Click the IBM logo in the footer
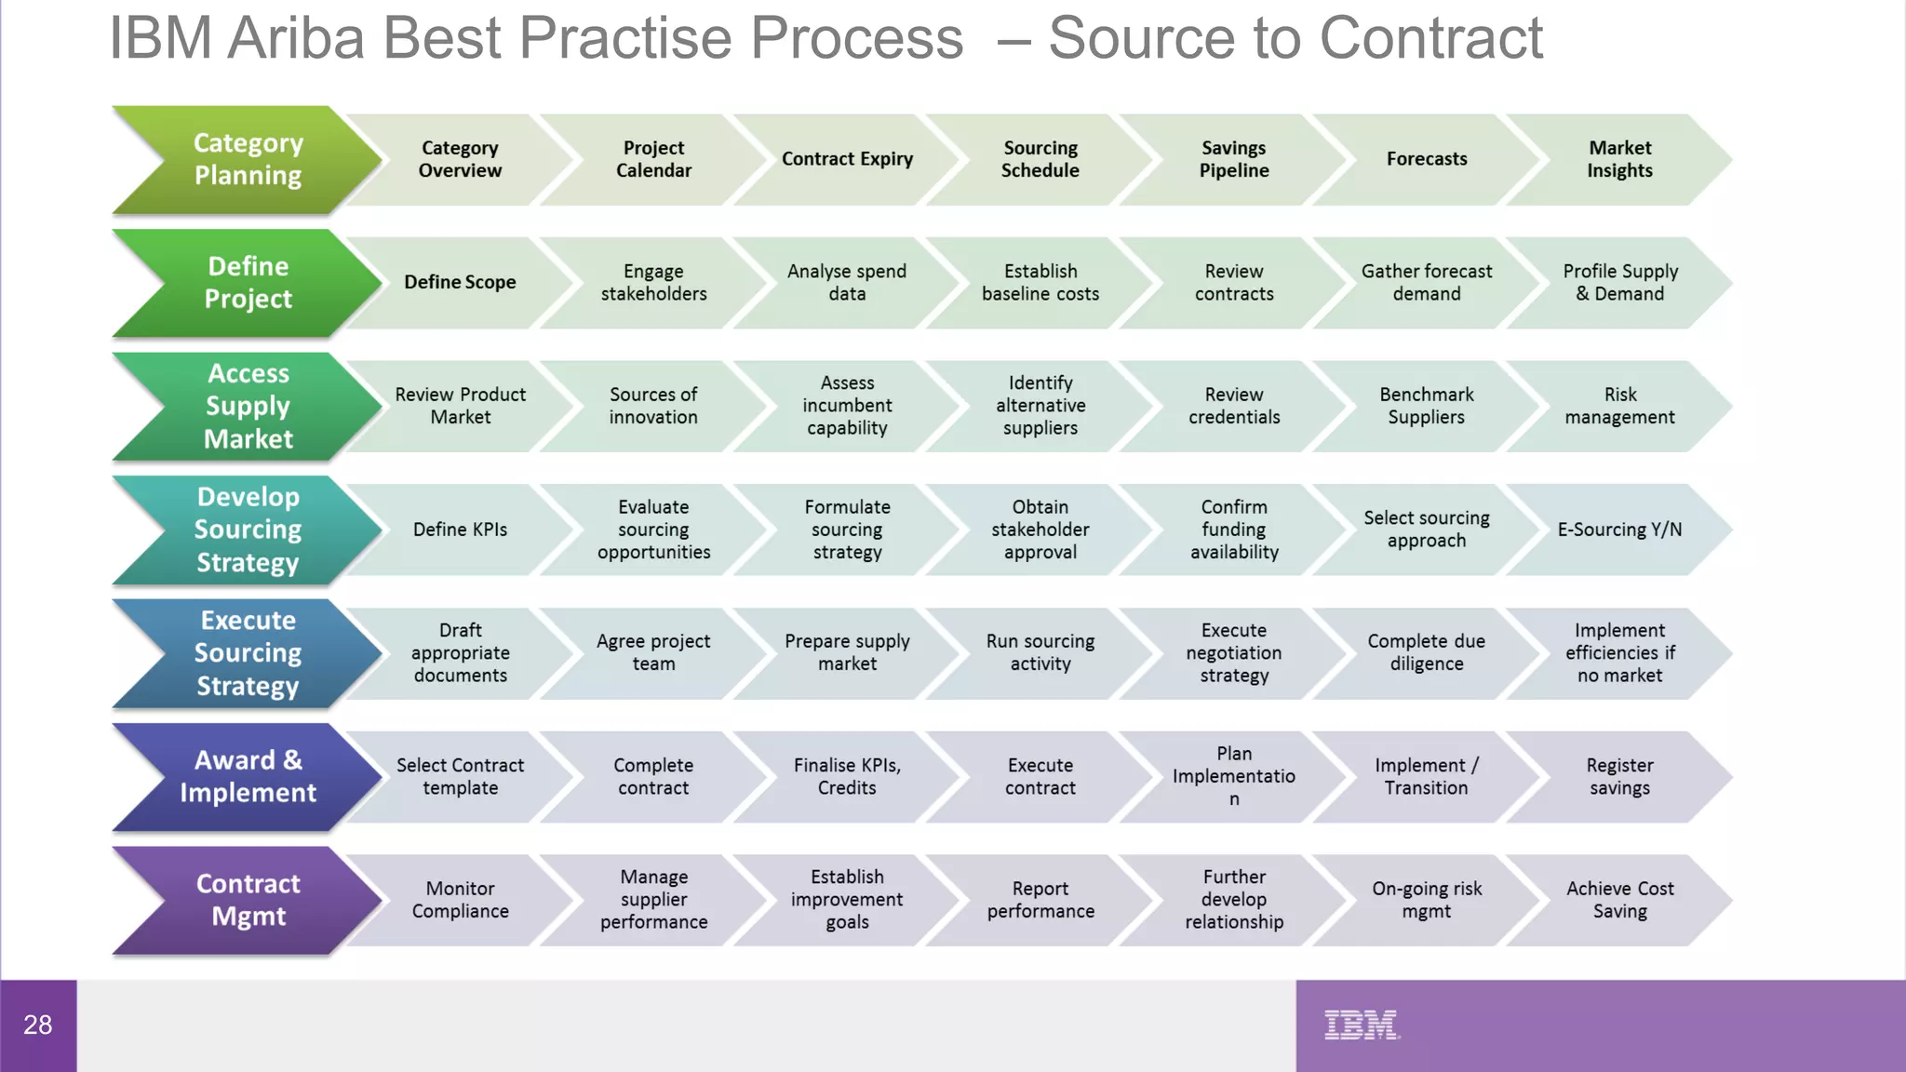(1362, 1025)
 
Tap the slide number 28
(37, 1025)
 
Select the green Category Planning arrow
(247, 159)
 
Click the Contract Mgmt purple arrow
(247, 900)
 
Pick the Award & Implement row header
(247, 776)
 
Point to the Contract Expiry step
(847, 159)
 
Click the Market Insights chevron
(1619, 159)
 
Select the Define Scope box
(460, 282)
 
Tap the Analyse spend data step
(847, 282)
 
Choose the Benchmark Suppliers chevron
(1426, 406)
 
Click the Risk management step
(1619, 406)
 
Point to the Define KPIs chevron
(460, 529)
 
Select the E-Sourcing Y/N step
(1619, 529)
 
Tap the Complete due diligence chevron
(1426, 652)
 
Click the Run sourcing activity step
(1040, 652)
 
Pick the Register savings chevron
(1619, 776)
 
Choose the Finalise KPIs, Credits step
(847, 776)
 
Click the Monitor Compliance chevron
(460, 900)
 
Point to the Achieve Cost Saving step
(1619, 900)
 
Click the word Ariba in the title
(295, 39)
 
